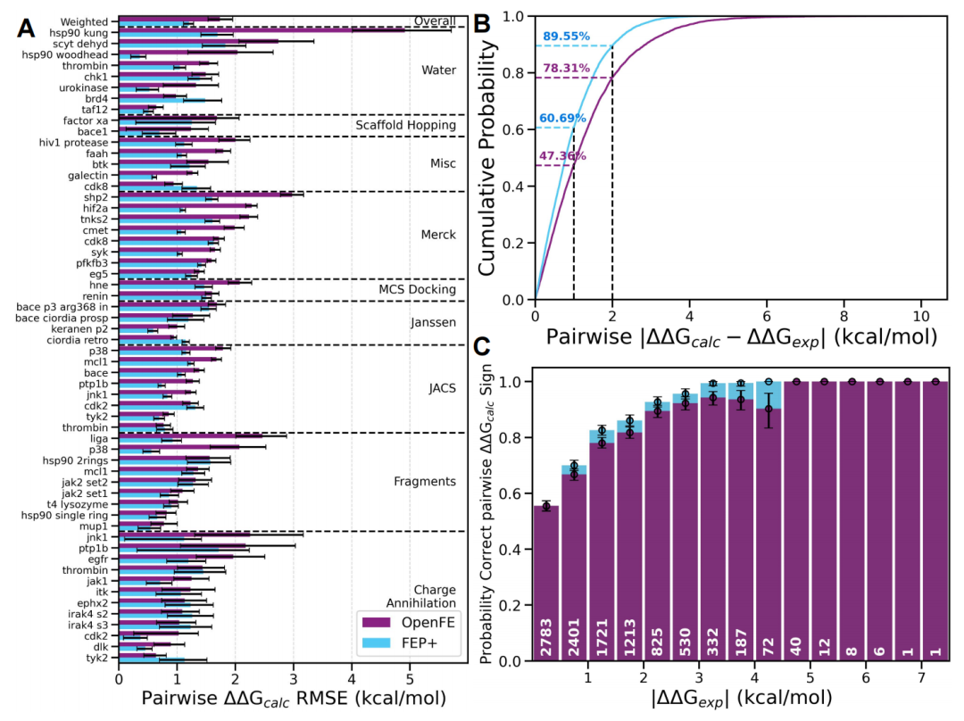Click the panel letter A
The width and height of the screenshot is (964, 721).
(x=28, y=29)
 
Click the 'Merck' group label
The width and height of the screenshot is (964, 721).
(x=438, y=235)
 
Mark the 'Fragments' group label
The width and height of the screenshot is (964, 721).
(x=424, y=482)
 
